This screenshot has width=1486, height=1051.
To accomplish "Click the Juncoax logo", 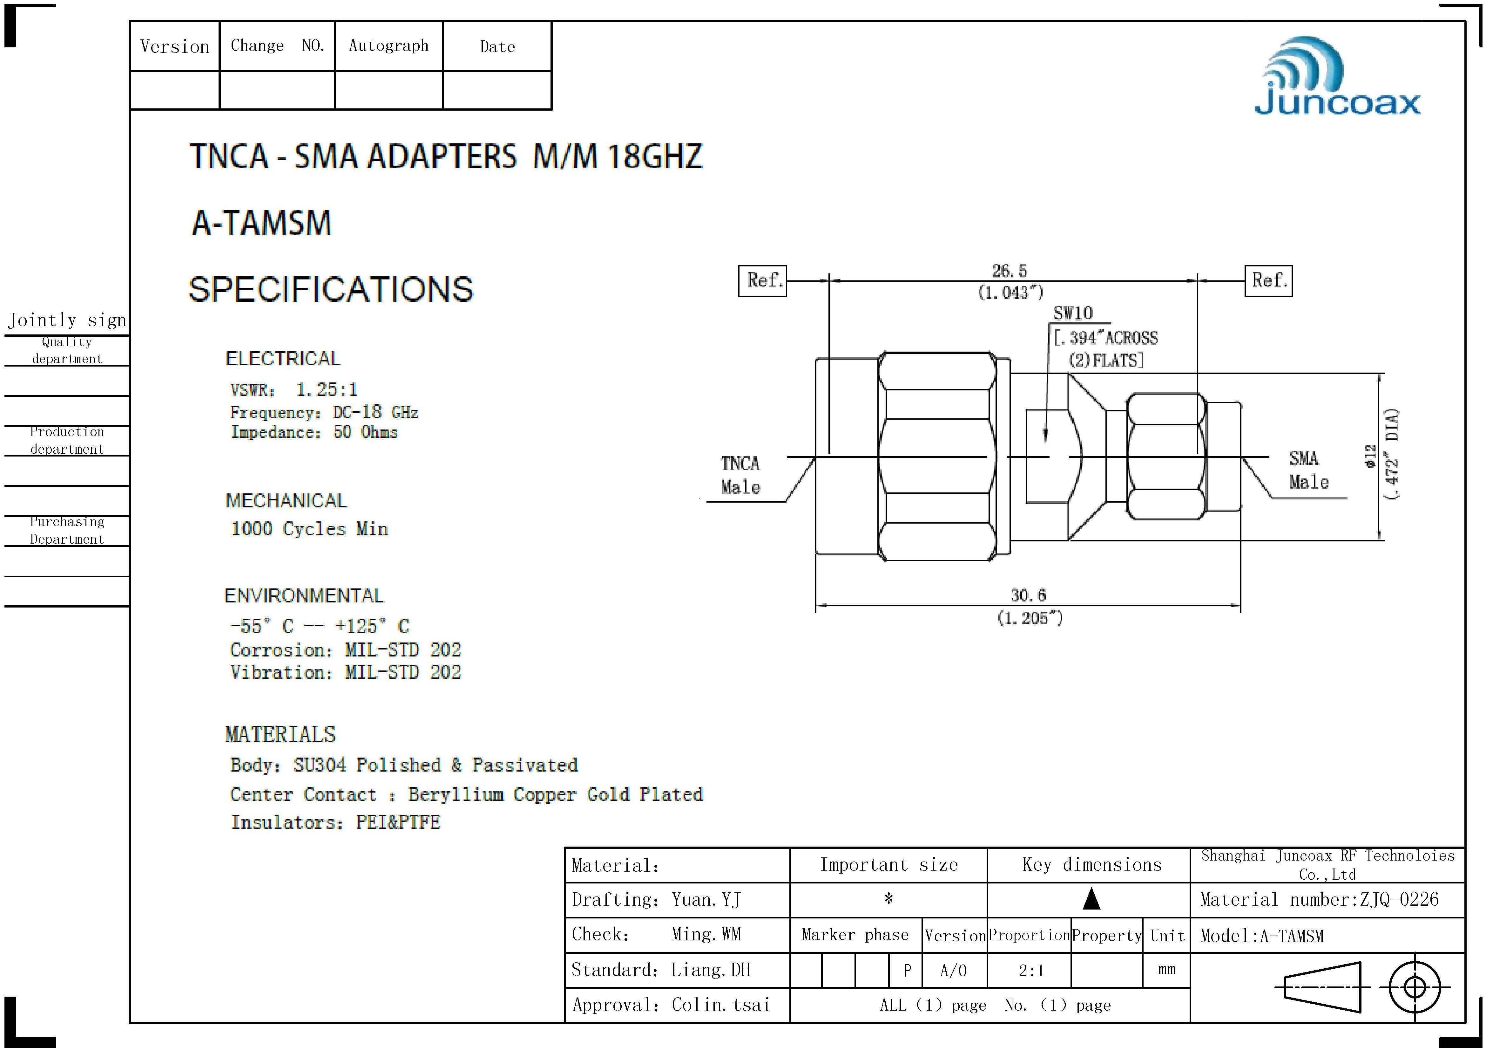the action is (1337, 76).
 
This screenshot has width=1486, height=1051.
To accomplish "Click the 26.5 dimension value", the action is (1010, 271).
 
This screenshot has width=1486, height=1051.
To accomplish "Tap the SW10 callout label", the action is (1072, 313).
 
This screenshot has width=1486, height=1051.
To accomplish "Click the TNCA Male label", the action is (740, 475).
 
